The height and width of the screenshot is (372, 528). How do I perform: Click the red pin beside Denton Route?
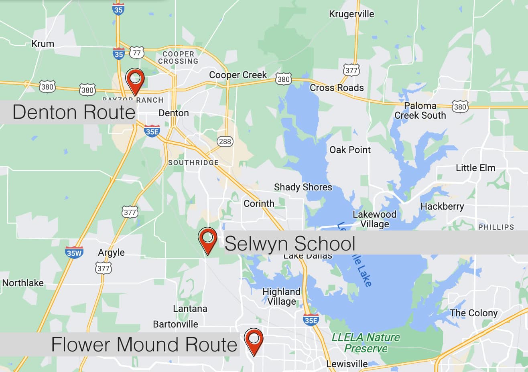point(135,80)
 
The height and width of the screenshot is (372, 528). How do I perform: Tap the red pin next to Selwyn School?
point(208,240)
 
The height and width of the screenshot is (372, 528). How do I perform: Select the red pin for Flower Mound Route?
point(254,341)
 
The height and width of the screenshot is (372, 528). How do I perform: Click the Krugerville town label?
point(351,14)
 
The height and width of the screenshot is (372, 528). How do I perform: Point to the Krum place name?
point(43,44)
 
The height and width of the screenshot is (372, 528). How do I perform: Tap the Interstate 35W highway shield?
point(74,252)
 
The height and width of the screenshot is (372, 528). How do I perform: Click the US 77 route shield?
point(137,53)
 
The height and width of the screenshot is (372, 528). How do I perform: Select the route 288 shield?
point(225,141)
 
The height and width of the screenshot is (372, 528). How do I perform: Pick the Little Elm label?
point(475,168)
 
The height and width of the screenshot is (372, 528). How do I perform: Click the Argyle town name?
point(111,253)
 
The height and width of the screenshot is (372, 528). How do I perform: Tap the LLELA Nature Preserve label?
point(366,343)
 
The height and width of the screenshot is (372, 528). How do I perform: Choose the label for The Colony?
point(473,313)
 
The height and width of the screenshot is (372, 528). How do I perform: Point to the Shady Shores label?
point(303,187)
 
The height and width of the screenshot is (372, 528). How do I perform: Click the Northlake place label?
point(23,283)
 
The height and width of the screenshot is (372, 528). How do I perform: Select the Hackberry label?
point(442,206)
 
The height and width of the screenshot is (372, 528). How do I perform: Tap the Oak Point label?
point(350,150)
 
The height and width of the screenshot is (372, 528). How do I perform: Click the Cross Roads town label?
point(337,88)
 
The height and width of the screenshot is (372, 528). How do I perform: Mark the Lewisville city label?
point(347,364)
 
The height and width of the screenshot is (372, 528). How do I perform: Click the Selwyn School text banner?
point(290,243)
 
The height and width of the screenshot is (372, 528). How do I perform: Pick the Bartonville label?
point(175,324)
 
